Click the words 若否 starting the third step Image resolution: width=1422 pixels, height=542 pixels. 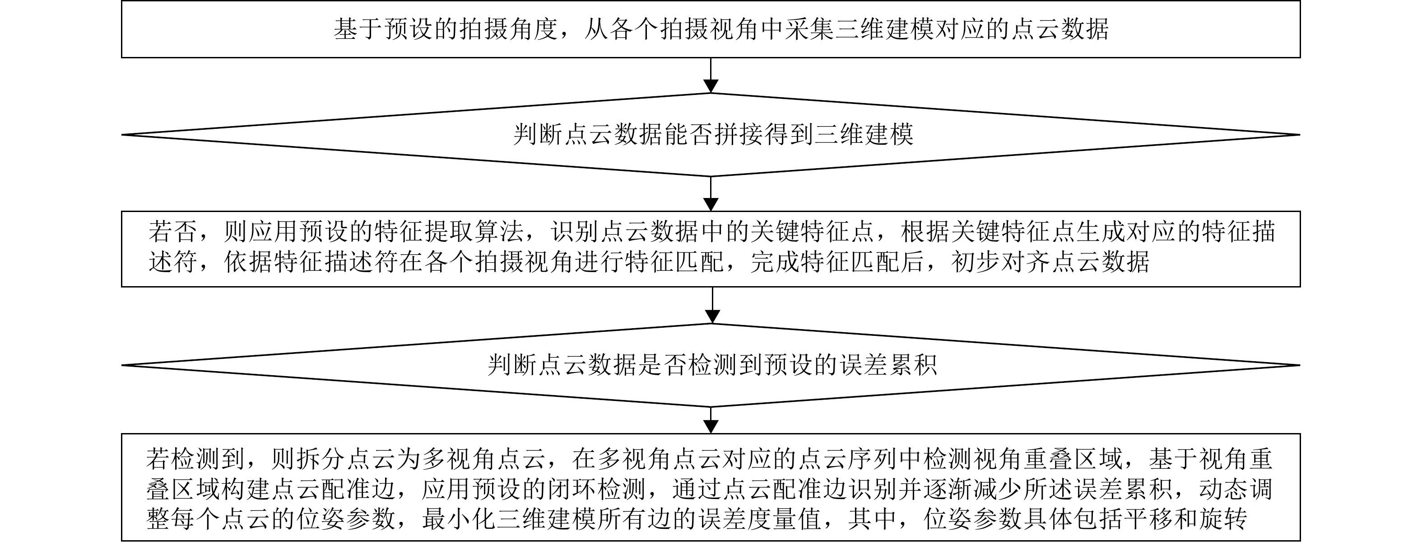(173, 232)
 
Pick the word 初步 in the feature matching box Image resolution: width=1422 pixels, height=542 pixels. (976, 262)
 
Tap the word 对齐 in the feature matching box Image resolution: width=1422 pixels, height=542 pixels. (1026, 262)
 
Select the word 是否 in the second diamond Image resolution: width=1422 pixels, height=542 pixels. (663, 365)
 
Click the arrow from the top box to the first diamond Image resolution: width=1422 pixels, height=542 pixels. (711, 75)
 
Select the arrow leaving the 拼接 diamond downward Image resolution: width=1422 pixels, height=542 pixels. (711, 194)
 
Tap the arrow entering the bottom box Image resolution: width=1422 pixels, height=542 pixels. (711, 420)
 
